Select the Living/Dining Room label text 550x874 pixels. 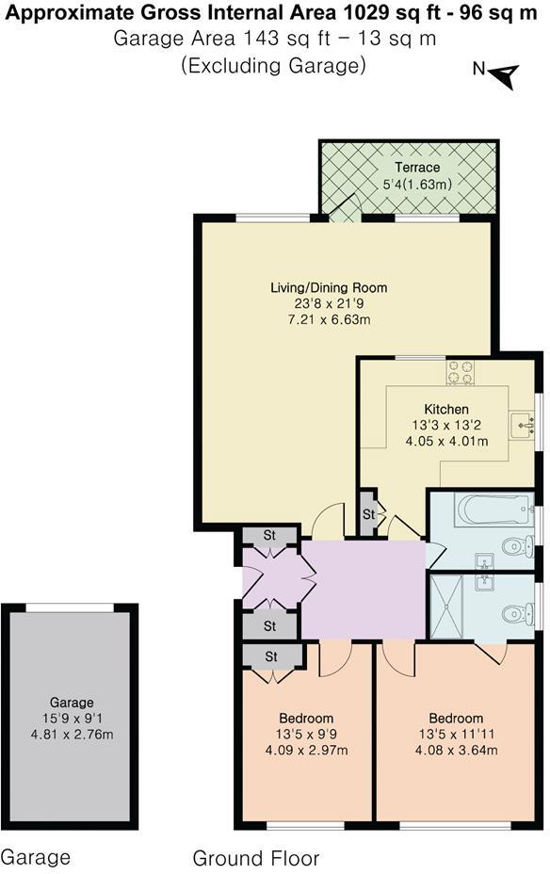[341, 287]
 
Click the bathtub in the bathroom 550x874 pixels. [493, 511]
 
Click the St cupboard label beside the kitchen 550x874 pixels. [368, 514]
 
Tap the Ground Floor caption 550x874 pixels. [256, 858]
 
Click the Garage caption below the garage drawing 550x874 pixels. [36, 857]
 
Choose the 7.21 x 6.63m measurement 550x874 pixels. [341, 319]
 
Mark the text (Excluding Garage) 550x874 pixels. [273, 65]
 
